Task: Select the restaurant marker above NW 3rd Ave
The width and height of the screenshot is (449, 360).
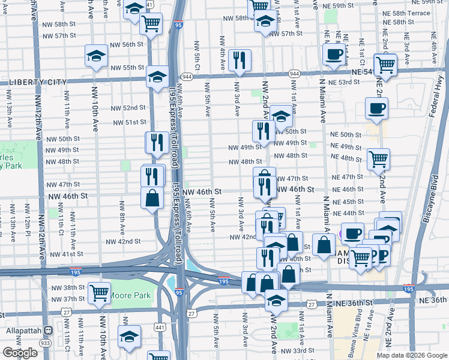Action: [x=239, y=60]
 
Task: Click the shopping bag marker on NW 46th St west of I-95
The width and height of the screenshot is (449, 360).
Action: [x=153, y=198]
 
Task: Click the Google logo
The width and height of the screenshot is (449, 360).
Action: [x=20, y=353]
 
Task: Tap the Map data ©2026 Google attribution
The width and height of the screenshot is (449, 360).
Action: [x=412, y=355]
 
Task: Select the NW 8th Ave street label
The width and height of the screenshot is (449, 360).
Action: [x=122, y=221]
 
